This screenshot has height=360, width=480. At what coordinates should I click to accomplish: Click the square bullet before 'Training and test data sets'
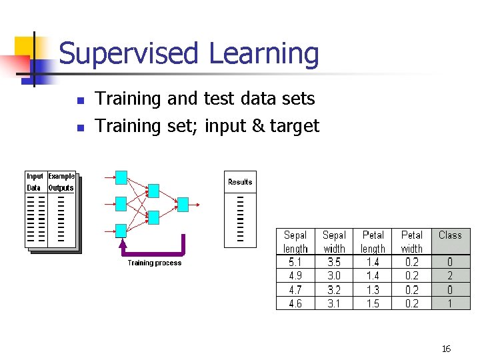tap(80, 101)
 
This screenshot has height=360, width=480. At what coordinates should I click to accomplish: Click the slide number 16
tap(446, 349)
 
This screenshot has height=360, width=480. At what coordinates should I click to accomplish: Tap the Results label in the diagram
tap(240, 182)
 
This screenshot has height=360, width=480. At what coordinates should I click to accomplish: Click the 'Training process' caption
tap(155, 263)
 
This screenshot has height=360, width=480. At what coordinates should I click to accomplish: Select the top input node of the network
tap(121, 177)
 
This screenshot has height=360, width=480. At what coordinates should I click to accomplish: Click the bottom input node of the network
tap(121, 231)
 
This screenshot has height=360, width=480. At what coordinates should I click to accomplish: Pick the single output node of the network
tap(183, 204)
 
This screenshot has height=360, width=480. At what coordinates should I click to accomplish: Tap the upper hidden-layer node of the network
tap(153, 191)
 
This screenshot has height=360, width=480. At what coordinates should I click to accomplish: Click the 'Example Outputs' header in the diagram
tap(61, 182)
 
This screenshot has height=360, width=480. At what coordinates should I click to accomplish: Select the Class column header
tap(450, 235)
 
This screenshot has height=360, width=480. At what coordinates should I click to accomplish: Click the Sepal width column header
tap(334, 241)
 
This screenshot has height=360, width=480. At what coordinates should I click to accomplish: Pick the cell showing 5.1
tap(295, 262)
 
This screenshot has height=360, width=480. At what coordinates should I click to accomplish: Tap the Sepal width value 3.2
tap(334, 289)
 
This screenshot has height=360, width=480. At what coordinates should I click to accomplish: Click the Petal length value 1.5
tap(373, 303)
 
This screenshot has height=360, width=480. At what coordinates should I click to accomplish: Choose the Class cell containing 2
tap(450, 275)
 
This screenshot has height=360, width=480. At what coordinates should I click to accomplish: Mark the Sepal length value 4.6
tap(295, 303)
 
